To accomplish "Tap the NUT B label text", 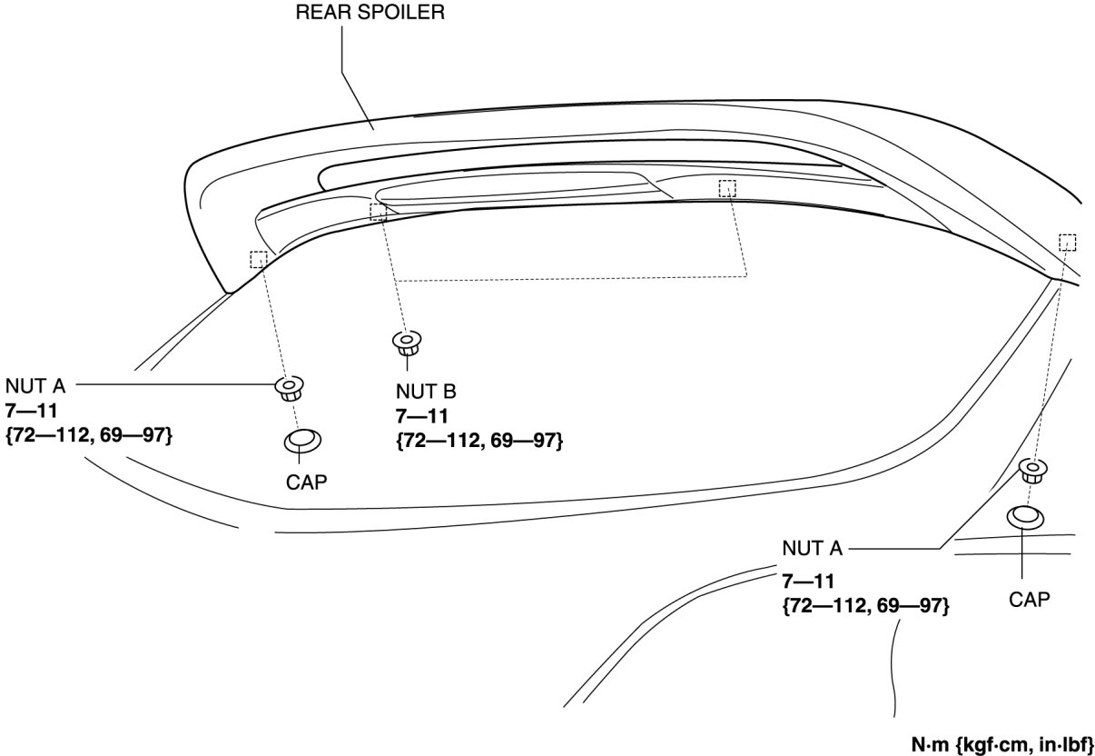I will coord(426,393).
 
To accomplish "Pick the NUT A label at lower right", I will coord(812,549).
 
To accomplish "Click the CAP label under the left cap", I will coord(306,482).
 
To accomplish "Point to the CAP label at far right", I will coord(1029,599).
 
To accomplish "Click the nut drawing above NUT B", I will coord(406,343).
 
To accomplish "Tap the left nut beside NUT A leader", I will coord(290,388).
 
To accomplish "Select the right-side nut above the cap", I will coord(1031,472).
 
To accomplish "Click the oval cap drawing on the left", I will coord(301,442).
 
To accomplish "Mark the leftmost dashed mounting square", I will coord(259,260).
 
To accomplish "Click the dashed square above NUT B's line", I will coord(379,212).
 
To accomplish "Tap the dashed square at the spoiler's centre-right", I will coord(726,189).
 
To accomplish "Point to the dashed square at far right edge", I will coord(1067,242).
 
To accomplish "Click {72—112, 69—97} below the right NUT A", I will coord(865,605).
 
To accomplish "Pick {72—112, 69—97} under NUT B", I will coord(478,441).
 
